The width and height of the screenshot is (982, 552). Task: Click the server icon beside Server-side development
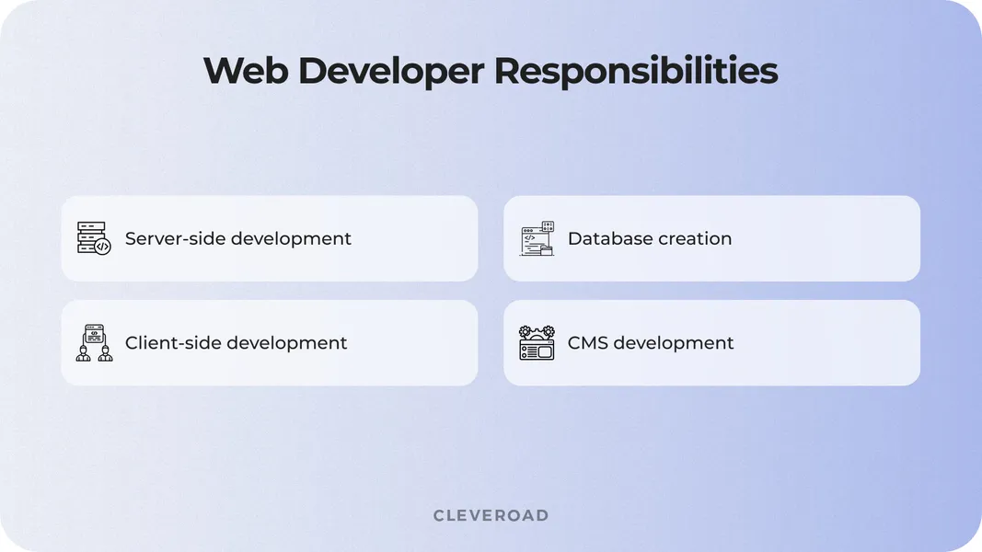(x=93, y=238)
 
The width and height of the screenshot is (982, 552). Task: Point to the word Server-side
(x=174, y=238)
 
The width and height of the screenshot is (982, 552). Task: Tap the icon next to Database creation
(x=537, y=238)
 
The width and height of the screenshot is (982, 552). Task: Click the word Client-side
(x=172, y=342)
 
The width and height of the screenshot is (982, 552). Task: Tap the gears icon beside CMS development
(x=537, y=342)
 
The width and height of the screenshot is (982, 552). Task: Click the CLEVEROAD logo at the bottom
(x=491, y=515)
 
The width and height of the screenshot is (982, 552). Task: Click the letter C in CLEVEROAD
(x=439, y=515)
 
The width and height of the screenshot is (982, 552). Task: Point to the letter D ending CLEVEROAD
(x=542, y=515)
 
